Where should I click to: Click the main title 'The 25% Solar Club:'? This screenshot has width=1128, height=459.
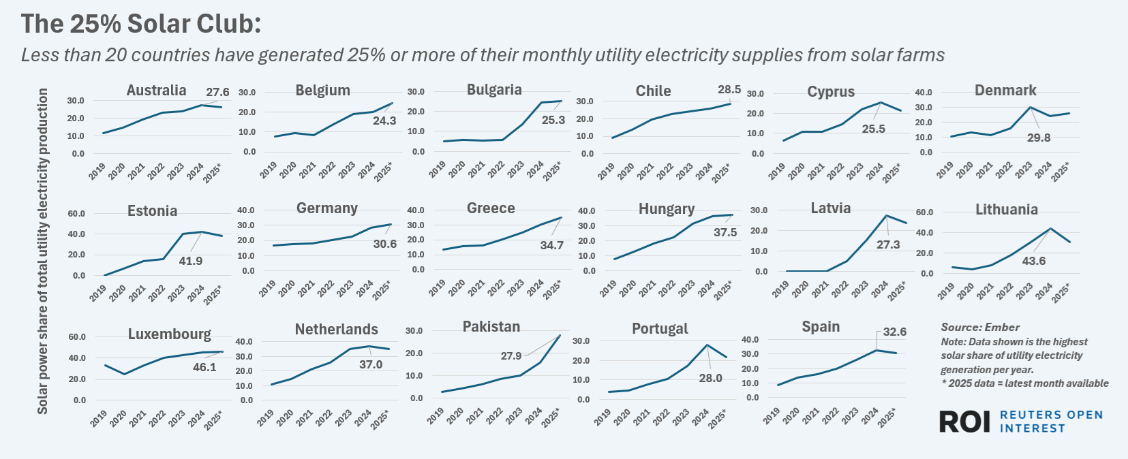click(141, 24)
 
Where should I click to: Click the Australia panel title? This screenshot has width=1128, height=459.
click(156, 91)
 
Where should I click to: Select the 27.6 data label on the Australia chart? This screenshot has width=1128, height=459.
click(217, 92)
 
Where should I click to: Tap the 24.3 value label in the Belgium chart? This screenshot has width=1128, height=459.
click(384, 121)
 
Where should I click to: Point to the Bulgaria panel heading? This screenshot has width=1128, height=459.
click(494, 90)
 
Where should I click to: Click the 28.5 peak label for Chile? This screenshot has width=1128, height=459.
click(729, 89)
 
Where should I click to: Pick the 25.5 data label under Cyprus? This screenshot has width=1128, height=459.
click(873, 129)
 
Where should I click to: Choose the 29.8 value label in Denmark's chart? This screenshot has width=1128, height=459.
click(1039, 138)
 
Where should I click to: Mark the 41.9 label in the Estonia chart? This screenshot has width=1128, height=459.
click(191, 261)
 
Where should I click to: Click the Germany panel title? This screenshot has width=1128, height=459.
click(326, 208)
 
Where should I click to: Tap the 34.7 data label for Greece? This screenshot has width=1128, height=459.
click(551, 245)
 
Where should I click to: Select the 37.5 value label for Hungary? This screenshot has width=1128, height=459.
click(725, 232)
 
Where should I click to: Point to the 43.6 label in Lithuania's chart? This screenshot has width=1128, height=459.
click(1033, 261)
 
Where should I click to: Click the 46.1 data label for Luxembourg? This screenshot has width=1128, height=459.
click(204, 367)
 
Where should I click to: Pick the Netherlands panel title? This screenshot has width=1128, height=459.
click(336, 330)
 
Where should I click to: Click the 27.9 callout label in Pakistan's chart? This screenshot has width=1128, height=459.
click(511, 355)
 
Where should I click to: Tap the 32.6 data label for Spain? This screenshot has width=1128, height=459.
click(894, 332)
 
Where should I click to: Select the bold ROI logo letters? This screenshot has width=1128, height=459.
click(964, 422)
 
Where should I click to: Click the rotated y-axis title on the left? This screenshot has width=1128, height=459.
click(43, 251)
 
